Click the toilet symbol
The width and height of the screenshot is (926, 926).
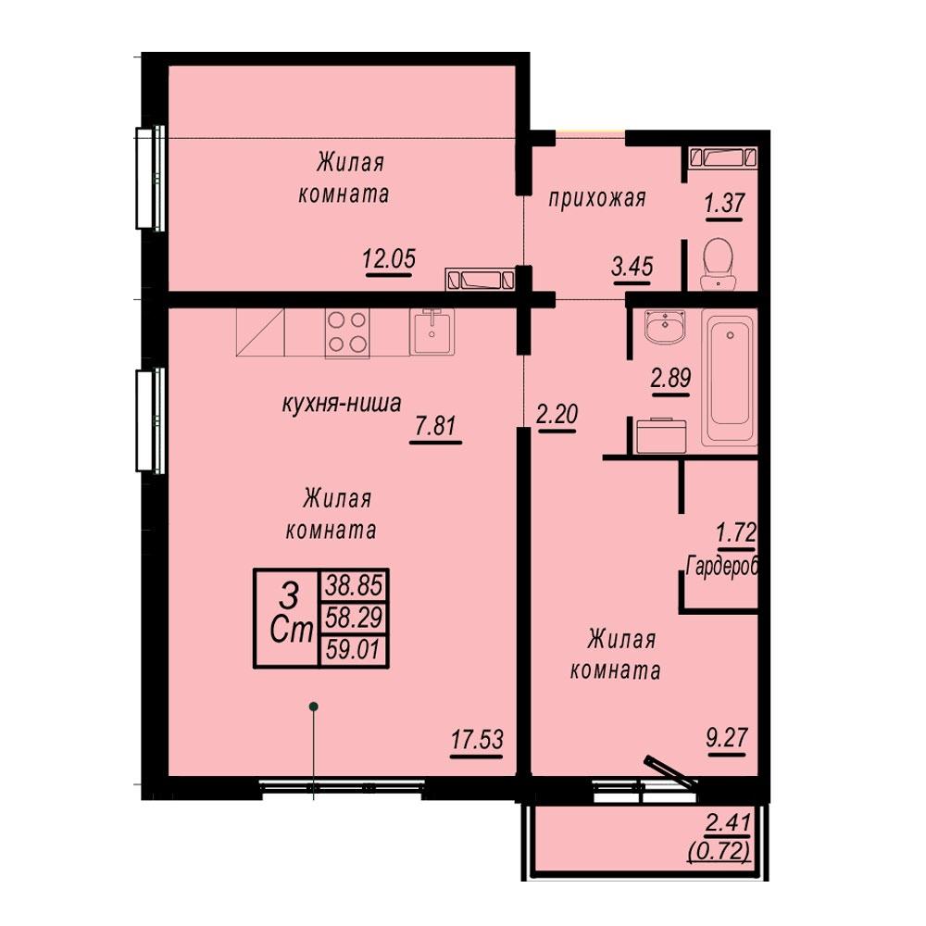(x=719, y=264)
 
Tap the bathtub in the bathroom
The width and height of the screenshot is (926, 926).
(x=731, y=378)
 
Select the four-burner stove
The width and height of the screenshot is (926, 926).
(x=347, y=332)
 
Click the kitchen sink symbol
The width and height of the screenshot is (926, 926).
(x=432, y=332)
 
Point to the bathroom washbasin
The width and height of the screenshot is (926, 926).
(x=666, y=327)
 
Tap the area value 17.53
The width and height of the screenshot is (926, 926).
(x=477, y=739)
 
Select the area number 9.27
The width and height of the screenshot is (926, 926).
(x=727, y=737)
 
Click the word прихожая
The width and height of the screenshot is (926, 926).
(x=597, y=198)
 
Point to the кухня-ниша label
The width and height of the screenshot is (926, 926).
(x=342, y=404)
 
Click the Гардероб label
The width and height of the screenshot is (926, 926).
(x=722, y=566)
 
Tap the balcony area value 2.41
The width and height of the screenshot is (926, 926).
(x=728, y=823)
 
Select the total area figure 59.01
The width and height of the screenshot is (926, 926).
(x=353, y=650)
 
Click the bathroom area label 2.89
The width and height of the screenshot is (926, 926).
(x=670, y=377)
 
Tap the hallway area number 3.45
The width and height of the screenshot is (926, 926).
(x=632, y=267)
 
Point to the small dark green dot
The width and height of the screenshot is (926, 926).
(x=314, y=706)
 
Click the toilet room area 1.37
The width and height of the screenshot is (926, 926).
(x=724, y=203)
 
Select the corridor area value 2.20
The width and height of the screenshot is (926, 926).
(x=557, y=414)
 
